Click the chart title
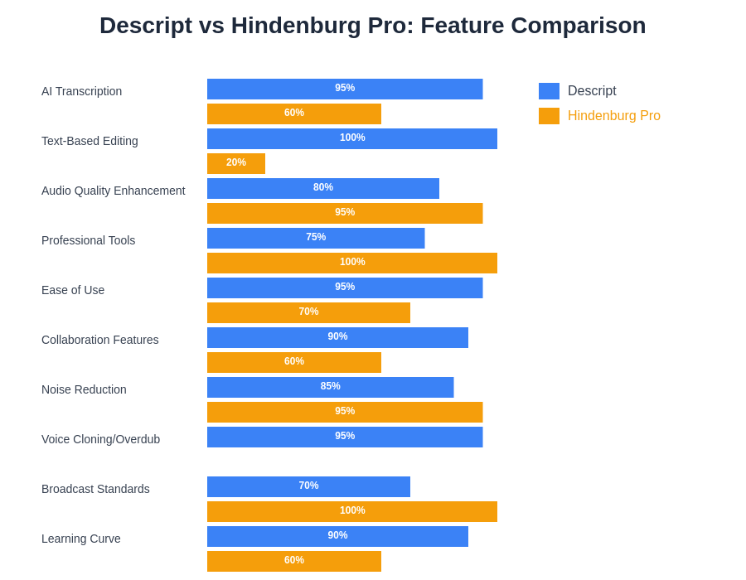(372, 26)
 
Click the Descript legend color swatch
(549, 91)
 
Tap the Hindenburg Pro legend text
(614, 116)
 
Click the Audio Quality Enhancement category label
(114, 191)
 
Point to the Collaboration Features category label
(100, 340)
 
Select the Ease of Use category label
(73, 290)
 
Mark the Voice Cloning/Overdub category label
(101, 439)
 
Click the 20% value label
(236, 162)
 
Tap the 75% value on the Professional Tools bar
(316, 237)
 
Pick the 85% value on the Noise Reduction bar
(330, 386)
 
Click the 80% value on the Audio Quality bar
(323, 187)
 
